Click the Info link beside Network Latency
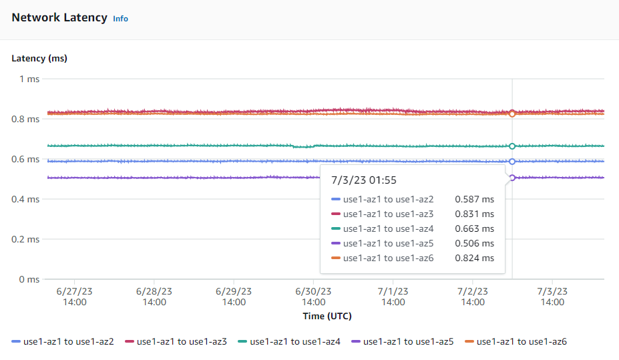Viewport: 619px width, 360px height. click(x=120, y=19)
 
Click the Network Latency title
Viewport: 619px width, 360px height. click(x=59, y=18)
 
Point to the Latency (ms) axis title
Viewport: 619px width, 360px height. click(x=39, y=58)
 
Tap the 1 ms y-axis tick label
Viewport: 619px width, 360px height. click(x=29, y=79)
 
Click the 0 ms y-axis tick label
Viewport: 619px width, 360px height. click(x=29, y=279)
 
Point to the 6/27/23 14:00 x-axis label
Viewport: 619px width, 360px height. click(x=74, y=297)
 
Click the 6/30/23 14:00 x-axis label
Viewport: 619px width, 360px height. click(x=313, y=297)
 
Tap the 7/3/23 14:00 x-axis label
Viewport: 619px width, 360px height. click(x=552, y=297)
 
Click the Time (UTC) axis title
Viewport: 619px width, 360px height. click(x=327, y=316)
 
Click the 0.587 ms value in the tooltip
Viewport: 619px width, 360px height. click(x=474, y=199)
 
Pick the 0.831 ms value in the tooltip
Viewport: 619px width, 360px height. click(x=474, y=214)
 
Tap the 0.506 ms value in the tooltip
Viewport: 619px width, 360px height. click(x=474, y=243)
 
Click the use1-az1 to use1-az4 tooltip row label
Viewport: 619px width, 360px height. click(x=388, y=228)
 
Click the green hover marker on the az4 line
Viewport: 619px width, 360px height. click(x=512, y=146)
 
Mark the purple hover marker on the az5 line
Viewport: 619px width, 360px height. click(x=512, y=178)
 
